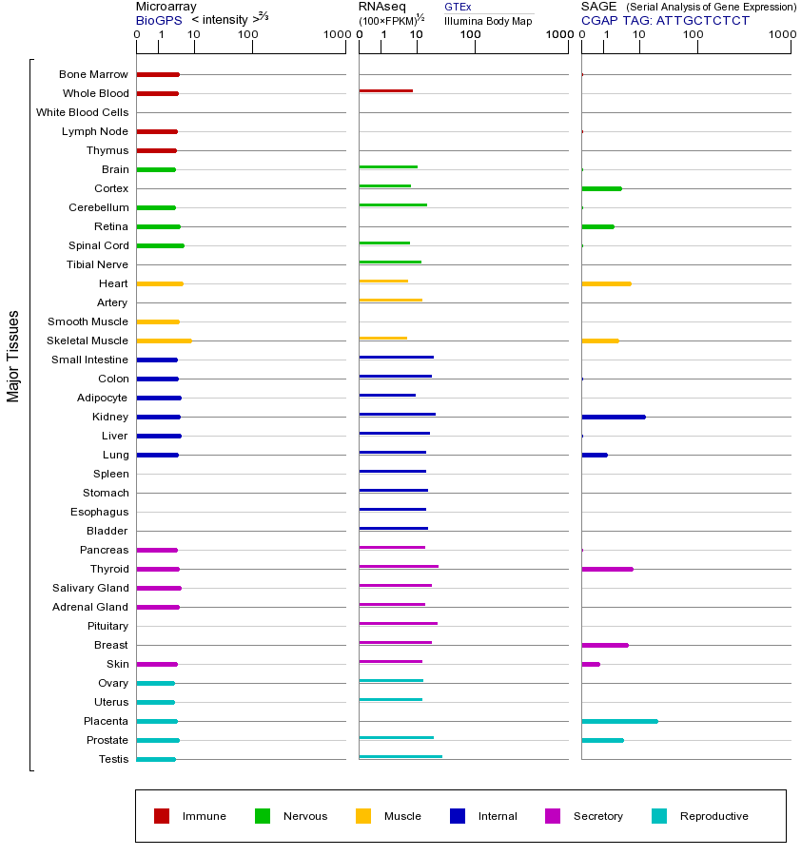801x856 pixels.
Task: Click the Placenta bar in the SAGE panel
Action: pos(619,721)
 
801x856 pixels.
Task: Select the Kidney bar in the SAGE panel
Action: pos(614,417)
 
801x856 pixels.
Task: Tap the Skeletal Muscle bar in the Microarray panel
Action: pos(164,340)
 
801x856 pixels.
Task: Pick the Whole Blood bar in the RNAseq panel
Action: pos(385,90)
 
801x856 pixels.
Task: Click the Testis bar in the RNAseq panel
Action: pos(400,756)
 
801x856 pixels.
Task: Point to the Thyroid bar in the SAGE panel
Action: pos(607,569)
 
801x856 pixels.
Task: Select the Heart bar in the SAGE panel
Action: pos(606,283)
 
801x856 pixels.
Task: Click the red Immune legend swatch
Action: pos(162,816)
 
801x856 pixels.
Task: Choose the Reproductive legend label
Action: pos(713,816)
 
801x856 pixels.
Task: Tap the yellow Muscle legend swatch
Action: pos(363,816)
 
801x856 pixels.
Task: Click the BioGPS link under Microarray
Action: pos(157,20)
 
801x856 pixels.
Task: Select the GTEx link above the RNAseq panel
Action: pos(458,7)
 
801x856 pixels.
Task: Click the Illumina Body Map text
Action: pos(488,21)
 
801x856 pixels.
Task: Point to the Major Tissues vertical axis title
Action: pos(13,356)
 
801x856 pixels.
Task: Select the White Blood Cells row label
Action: pos(82,112)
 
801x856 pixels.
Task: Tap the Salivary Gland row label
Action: pos(90,588)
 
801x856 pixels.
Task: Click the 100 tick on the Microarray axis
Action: pos(247,35)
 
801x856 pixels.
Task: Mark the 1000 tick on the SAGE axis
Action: pos(782,35)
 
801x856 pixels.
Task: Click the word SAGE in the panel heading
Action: pos(599,7)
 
